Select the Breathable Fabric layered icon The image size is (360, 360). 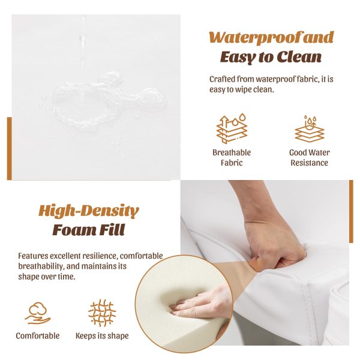click(x=232, y=128)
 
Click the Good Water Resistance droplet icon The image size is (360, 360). click(x=309, y=128)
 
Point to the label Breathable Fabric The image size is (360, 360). click(x=232, y=157)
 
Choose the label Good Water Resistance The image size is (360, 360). click(x=309, y=157)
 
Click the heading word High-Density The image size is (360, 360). click(x=89, y=211)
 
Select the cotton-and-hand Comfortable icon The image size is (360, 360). click(x=38, y=313)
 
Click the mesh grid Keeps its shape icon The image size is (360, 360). click(x=102, y=313)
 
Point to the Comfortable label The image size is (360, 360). click(x=38, y=335)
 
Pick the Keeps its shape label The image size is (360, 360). click(x=102, y=336)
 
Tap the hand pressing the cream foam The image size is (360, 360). click(x=200, y=303)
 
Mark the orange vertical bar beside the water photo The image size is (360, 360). click(x=10, y=149)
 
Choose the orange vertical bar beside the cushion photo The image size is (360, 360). click(x=351, y=211)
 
